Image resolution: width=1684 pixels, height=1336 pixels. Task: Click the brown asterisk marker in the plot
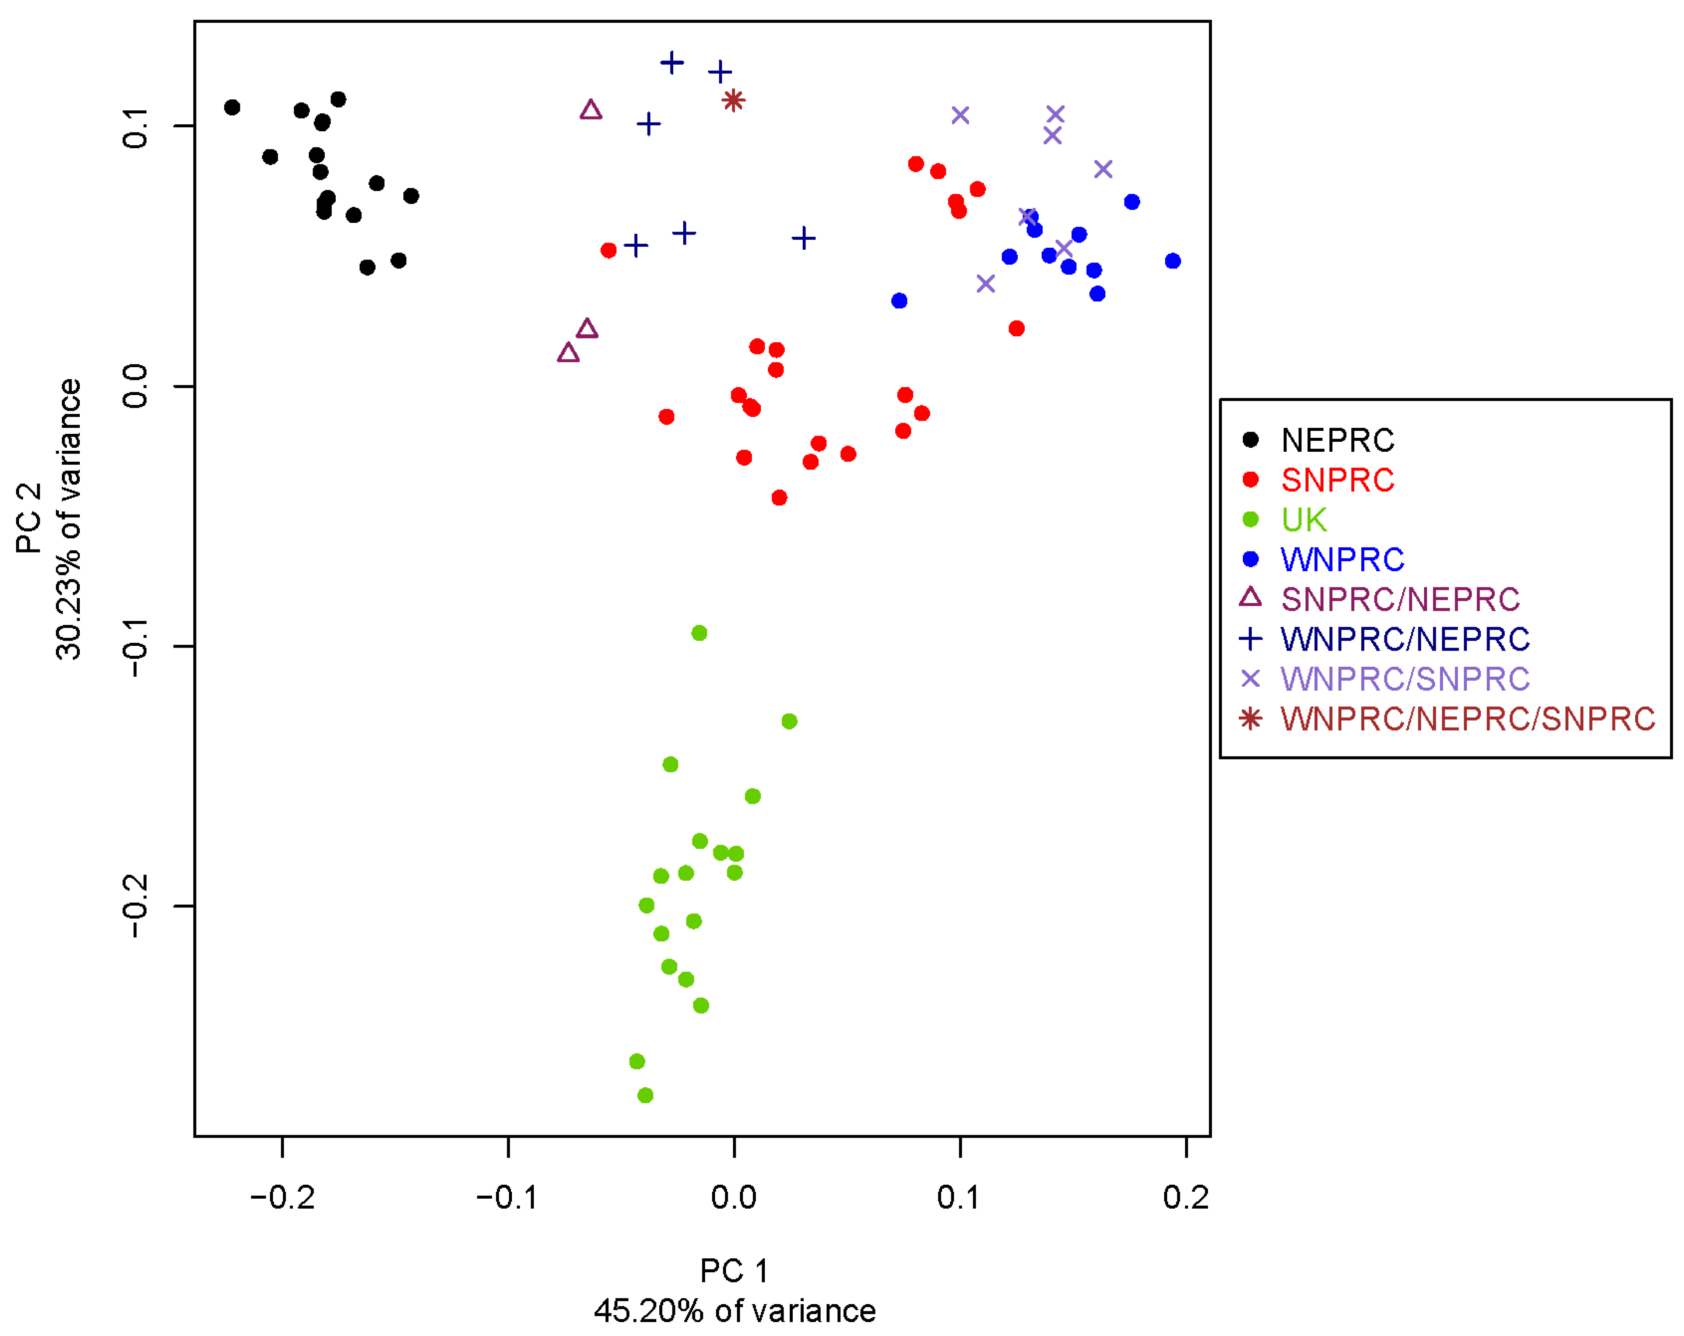pyautogui.click(x=733, y=100)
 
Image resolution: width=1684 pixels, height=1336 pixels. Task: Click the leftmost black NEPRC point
pyautogui.click(x=232, y=107)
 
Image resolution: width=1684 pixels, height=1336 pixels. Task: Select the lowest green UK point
pyautogui.click(x=645, y=1095)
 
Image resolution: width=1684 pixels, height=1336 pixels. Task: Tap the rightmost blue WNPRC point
pyautogui.click(x=1173, y=261)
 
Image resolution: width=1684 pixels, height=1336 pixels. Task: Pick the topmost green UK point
pyautogui.click(x=699, y=633)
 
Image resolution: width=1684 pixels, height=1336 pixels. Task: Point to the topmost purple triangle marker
pyautogui.click(x=591, y=110)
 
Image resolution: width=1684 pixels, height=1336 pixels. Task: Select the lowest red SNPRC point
pyautogui.click(x=779, y=498)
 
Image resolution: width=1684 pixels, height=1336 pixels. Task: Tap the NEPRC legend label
pyautogui.click(x=1337, y=440)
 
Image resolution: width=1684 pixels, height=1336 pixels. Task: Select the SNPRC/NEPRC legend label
pyautogui.click(x=1400, y=600)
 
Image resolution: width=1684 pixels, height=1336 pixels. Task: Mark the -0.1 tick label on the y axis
pyautogui.click(x=136, y=647)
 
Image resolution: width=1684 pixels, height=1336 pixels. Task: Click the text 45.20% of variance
pyautogui.click(x=734, y=1311)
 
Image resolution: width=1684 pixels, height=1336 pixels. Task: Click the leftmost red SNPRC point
pyautogui.click(x=608, y=250)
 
